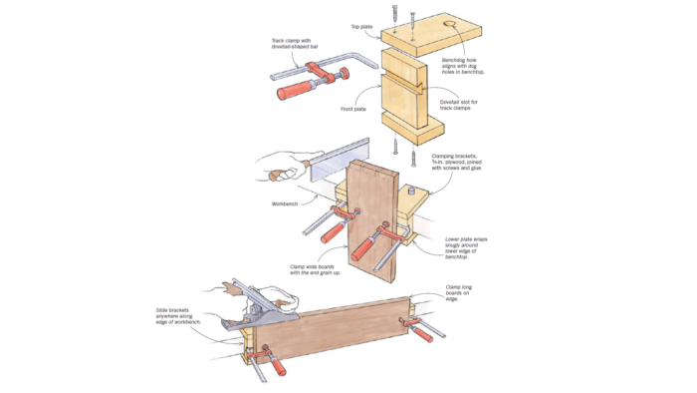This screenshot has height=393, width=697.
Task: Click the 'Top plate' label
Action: pos(362,27)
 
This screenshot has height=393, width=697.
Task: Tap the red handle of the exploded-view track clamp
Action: pos(297,92)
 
